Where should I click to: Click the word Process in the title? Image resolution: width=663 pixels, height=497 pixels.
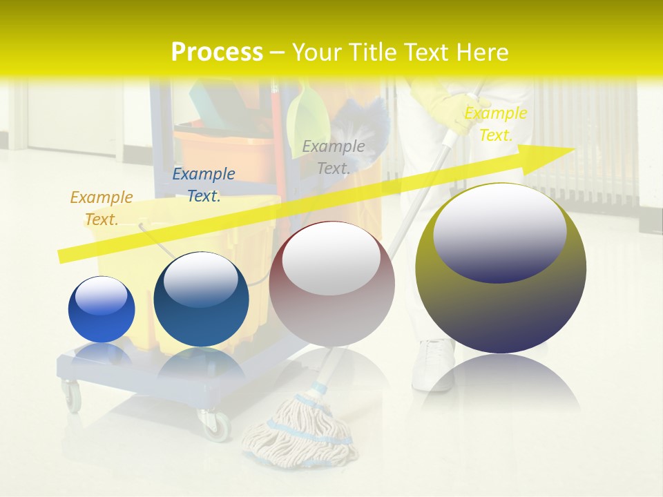tap(217, 52)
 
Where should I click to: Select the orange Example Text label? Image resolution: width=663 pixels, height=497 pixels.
tap(102, 208)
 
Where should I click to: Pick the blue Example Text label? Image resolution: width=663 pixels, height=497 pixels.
tap(204, 184)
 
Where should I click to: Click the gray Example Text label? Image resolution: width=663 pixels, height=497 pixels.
tap(334, 157)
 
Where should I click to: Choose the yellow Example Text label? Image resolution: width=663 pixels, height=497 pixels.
tap(495, 124)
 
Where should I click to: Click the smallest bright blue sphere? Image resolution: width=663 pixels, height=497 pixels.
tap(102, 309)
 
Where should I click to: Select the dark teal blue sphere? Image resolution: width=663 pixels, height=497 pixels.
tap(201, 300)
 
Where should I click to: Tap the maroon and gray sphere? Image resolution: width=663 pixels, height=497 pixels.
tap(331, 284)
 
